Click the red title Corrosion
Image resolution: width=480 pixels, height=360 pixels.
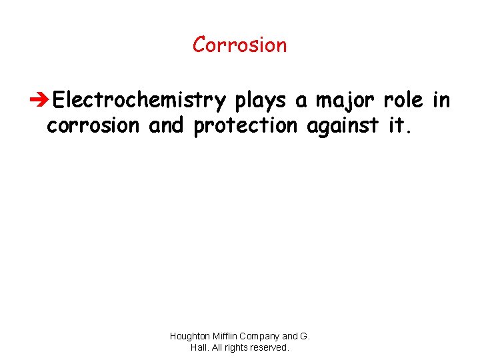point(239,45)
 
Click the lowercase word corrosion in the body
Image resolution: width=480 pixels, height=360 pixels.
point(93,126)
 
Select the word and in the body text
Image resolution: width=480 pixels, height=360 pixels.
point(165,126)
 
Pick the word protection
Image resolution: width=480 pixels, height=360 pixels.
point(245,126)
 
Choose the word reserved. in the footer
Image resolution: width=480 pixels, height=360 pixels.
point(271,347)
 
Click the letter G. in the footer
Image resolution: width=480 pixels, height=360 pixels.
point(306,337)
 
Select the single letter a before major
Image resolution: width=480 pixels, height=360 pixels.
point(301,101)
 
